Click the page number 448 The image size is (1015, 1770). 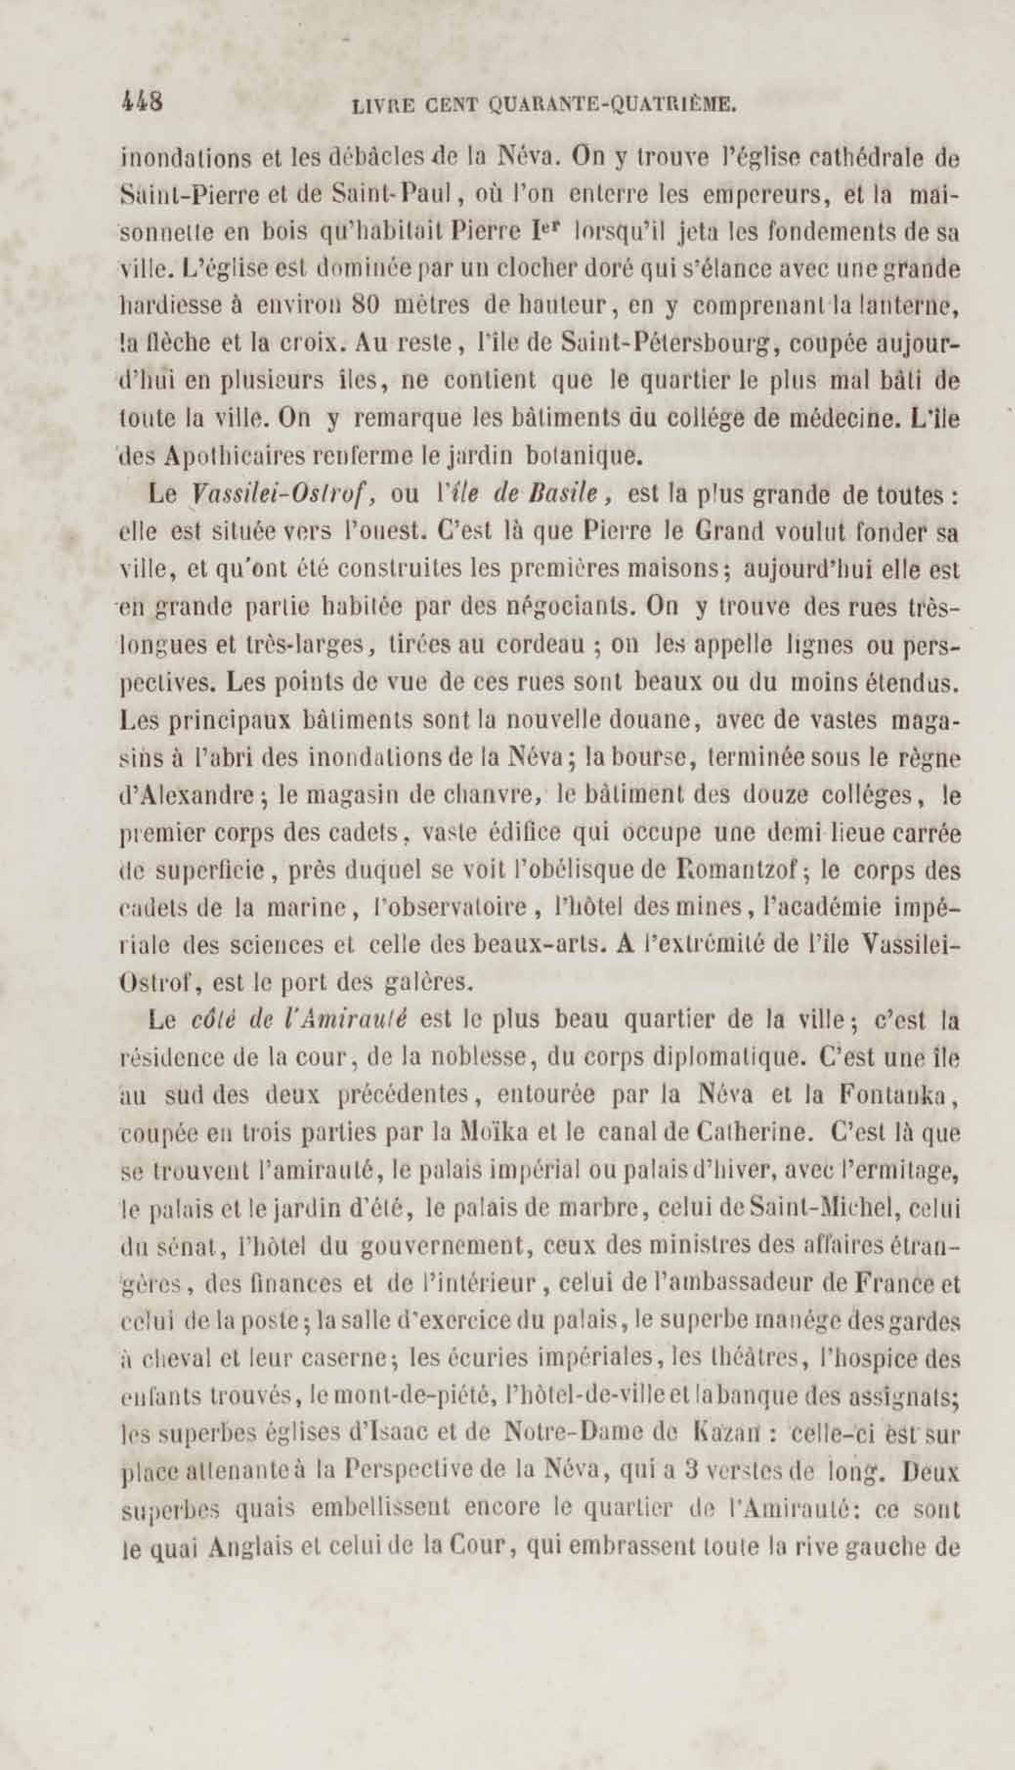142,103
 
